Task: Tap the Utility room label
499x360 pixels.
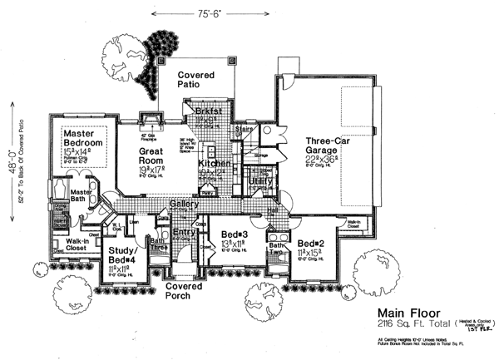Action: [x=260, y=180]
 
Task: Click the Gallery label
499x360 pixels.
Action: [x=183, y=205]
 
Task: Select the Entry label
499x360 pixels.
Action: [x=185, y=233]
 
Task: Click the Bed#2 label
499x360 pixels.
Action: [x=309, y=243]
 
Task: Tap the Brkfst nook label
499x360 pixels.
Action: [x=206, y=110]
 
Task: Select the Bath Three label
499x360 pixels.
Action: [x=160, y=244]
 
